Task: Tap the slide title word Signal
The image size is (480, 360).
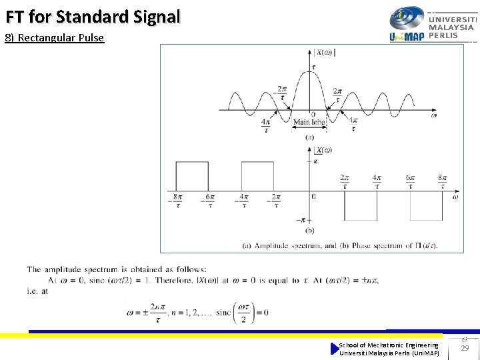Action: point(153,17)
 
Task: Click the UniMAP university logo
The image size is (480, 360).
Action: point(432,24)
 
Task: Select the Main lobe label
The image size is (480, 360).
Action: point(309,122)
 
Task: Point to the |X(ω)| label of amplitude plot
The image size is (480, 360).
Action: point(325,52)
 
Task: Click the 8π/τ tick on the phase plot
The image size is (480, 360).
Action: point(443,182)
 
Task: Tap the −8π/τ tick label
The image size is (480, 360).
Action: point(177,201)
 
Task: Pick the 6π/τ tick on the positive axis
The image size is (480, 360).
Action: point(410,182)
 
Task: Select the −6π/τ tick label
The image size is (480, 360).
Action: point(211,201)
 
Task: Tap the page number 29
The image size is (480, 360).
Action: point(465,349)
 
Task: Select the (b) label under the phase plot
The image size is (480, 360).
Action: point(309,231)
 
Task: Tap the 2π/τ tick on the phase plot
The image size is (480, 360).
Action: point(345,182)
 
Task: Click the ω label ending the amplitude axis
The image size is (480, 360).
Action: point(433,115)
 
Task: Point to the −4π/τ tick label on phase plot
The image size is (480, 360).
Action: point(243,201)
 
